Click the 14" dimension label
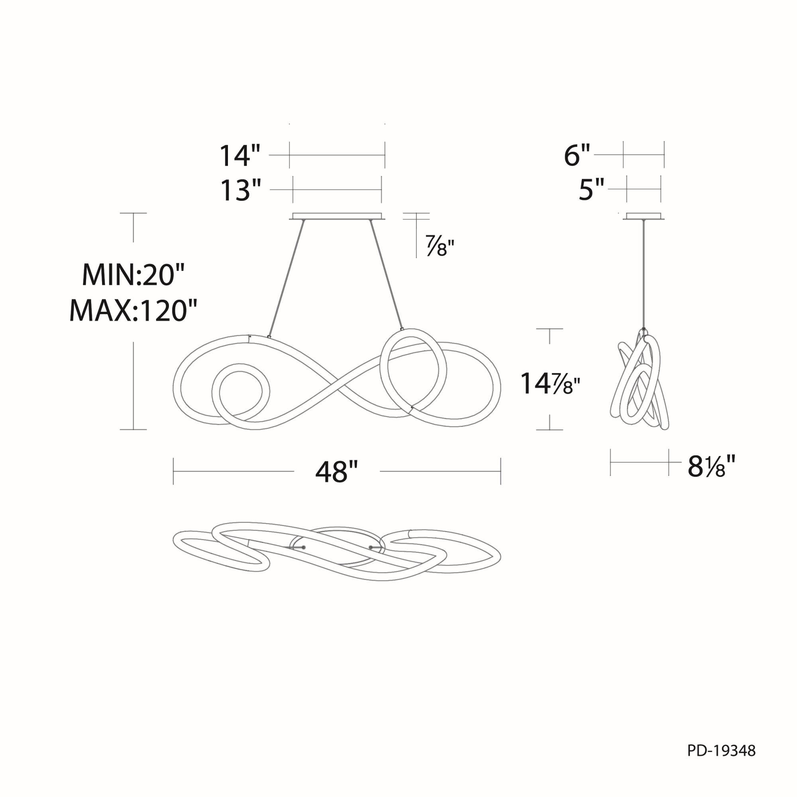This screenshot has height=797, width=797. [239, 155]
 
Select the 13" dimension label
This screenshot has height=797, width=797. [241, 190]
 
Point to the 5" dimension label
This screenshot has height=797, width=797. [591, 190]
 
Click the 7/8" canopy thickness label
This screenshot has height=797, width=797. [440, 247]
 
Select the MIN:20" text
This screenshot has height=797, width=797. [133, 274]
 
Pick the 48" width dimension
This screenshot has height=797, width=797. [337, 471]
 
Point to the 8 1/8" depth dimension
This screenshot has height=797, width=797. [712, 466]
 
